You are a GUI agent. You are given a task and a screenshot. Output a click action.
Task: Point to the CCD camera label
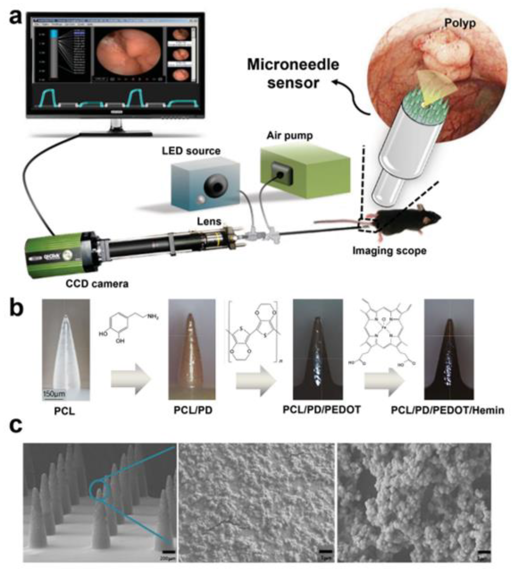pyautogui.click(x=97, y=284)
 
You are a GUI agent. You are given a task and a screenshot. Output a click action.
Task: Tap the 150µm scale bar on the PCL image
pyautogui.click(x=54, y=394)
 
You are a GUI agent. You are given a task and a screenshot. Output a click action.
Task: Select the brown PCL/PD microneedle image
pyautogui.click(x=192, y=349)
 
